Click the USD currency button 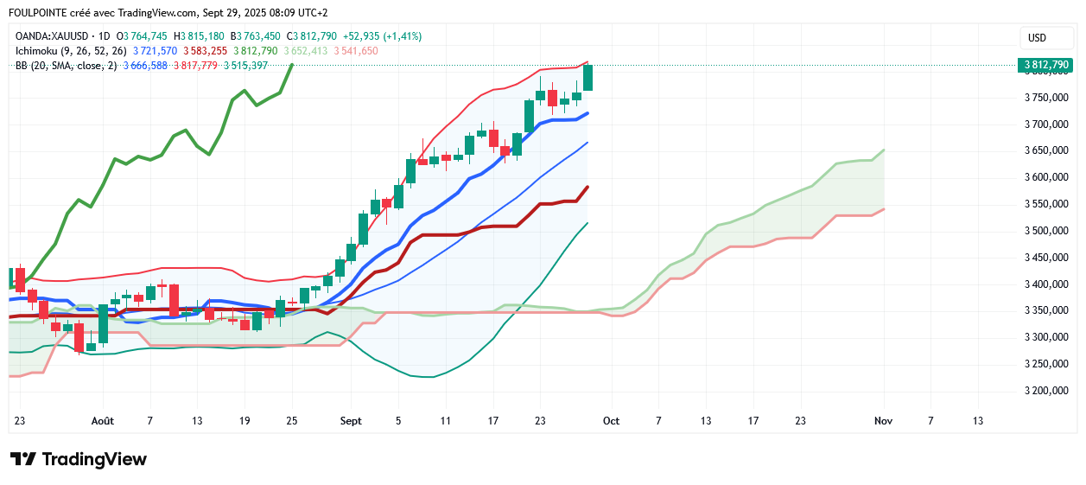tap(1037, 38)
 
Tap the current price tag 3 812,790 tap(1046, 65)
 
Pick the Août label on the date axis tap(103, 421)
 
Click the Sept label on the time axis tap(351, 421)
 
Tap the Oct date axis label tap(611, 421)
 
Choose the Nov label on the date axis tap(882, 421)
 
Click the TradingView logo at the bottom tap(78, 459)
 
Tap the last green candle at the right tap(587, 78)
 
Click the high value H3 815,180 tap(199, 36)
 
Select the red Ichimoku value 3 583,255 tap(205, 51)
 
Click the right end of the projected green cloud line tap(884, 150)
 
